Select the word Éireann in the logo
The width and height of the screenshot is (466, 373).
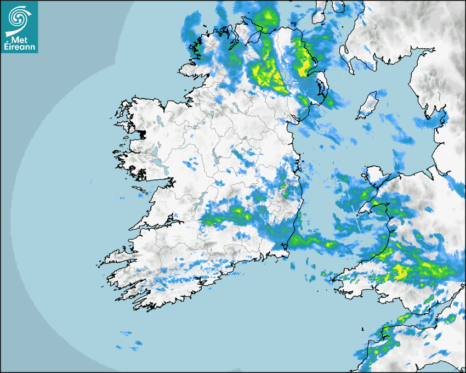[19, 47]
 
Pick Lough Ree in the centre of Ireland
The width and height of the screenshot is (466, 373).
[217, 160]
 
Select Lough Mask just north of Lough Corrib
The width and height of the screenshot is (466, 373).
[156, 149]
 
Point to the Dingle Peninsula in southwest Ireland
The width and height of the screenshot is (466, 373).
[118, 256]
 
